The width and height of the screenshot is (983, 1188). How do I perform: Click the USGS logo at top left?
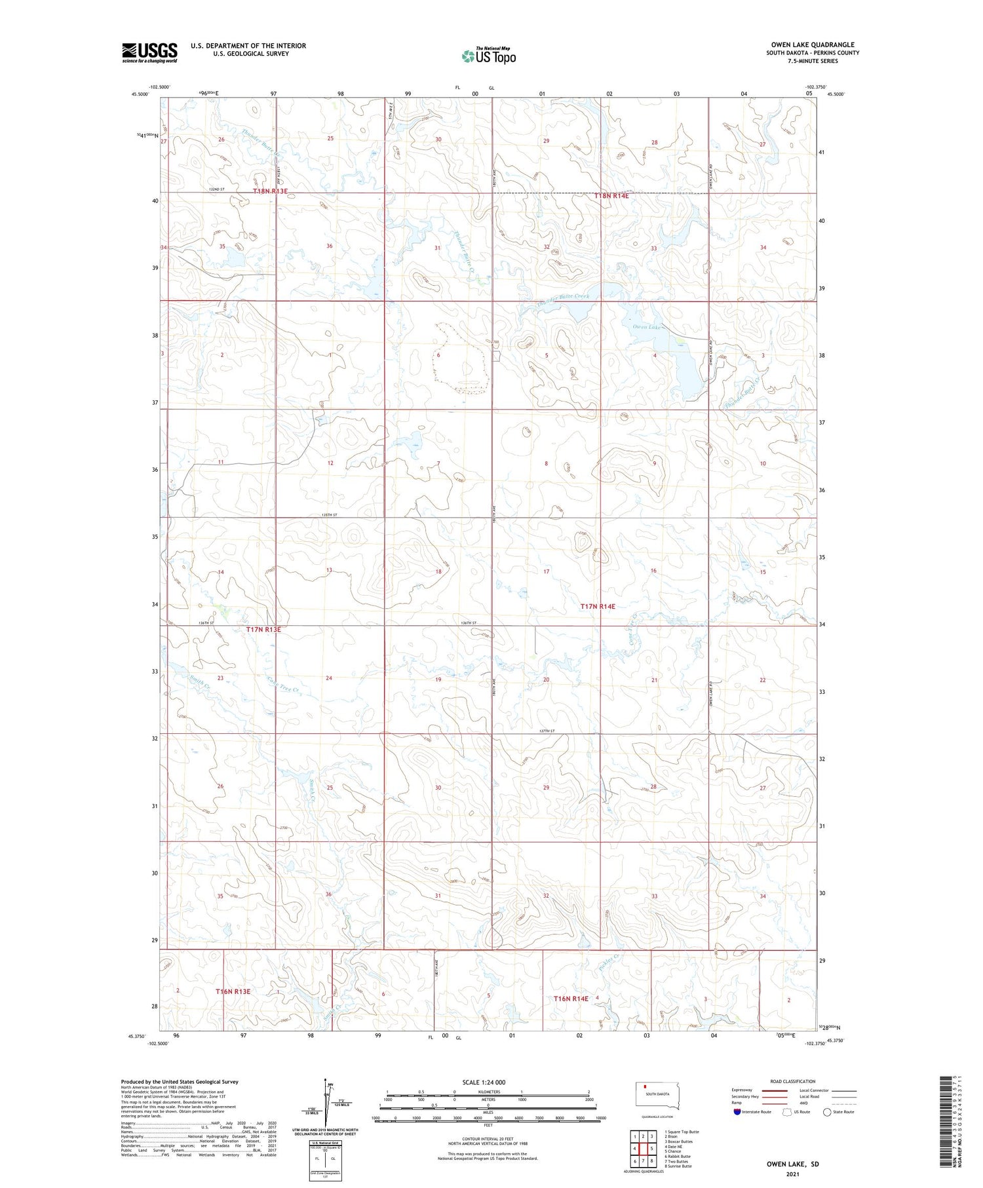149,52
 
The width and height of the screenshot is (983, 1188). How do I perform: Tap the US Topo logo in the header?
488,56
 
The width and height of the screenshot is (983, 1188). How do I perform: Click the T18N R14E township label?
611,196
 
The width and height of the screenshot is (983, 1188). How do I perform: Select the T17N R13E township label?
263,629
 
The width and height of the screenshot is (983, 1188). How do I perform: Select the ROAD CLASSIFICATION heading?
792,1081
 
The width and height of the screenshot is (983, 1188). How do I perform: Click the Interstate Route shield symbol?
737,1111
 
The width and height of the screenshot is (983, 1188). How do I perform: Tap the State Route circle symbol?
827,1111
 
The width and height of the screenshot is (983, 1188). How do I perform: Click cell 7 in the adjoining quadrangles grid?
643,1160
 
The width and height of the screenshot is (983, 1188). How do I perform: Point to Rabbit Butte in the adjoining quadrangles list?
678,1156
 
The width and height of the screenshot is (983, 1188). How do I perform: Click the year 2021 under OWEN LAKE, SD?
792,1174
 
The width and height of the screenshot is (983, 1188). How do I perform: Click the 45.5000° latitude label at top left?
139,94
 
